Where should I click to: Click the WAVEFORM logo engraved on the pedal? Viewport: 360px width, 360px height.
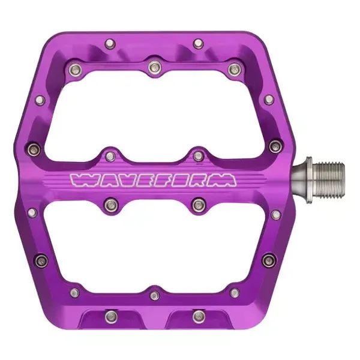[154, 179]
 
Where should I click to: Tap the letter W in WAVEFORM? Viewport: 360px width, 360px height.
[81, 179]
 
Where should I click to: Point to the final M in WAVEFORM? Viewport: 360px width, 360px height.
[225, 179]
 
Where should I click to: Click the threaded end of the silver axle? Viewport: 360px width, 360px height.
[329, 180]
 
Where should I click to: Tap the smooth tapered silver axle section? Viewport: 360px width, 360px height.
[301, 180]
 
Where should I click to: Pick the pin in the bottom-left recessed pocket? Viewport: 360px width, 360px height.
[111, 317]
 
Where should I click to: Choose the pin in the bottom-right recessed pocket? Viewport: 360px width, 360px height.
[199, 317]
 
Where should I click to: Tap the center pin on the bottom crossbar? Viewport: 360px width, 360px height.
[155, 295]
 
